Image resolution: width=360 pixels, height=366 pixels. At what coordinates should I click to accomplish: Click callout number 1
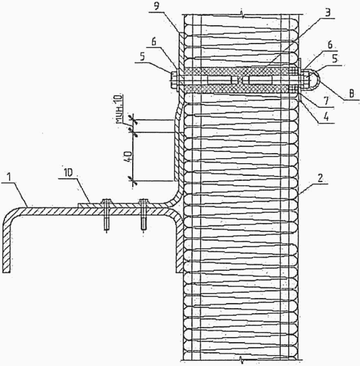9,177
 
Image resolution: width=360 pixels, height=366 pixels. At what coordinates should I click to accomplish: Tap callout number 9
157,6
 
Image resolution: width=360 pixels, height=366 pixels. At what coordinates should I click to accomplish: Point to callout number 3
328,13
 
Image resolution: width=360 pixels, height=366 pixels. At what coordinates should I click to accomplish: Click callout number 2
320,178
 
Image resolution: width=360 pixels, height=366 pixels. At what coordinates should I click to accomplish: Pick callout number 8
351,94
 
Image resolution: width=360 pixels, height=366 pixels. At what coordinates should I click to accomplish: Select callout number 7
326,101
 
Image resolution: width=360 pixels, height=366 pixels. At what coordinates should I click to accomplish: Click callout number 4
327,117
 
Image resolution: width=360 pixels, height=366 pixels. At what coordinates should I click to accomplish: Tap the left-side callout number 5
143,56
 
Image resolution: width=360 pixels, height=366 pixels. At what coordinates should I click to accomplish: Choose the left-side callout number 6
154,42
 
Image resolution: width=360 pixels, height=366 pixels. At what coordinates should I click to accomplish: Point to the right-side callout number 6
330,45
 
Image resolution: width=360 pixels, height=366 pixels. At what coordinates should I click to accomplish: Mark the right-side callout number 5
335,59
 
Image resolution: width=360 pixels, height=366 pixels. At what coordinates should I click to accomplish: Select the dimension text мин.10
120,109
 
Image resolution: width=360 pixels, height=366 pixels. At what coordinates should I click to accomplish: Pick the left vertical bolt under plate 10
106,215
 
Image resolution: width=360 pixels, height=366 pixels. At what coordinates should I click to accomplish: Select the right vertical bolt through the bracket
143,215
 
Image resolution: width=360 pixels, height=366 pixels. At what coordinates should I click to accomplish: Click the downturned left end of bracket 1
7,245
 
